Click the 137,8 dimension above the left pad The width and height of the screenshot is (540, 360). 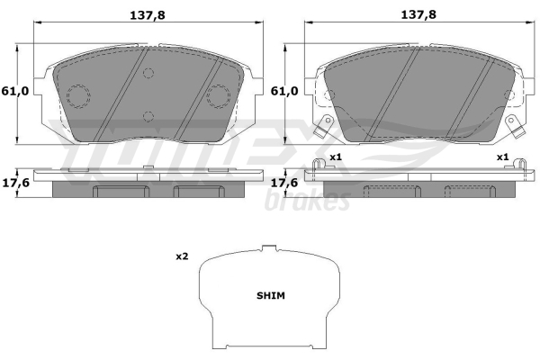(x=147, y=15)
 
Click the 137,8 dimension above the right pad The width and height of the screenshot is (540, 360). (x=418, y=14)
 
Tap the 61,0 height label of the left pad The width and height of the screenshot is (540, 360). (x=15, y=91)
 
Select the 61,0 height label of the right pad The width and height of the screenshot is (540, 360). (x=284, y=91)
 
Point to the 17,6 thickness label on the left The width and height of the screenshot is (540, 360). (x=16, y=183)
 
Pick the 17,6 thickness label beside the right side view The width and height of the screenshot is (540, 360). (x=284, y=183)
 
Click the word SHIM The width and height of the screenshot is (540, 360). (x=271, y=295)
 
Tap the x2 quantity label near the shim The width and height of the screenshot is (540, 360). (x=182, y=256)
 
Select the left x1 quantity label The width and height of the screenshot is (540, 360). (x=336, y=157)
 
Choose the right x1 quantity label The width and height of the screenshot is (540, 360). (x=502, y=157)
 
